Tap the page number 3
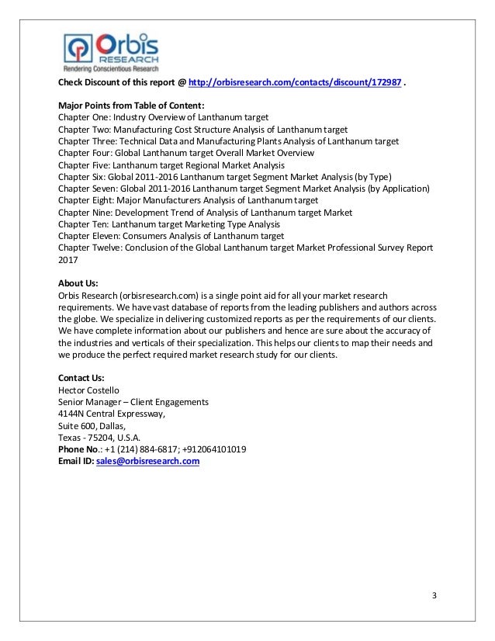tap(434, 595)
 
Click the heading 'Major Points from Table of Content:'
tap(131, 106)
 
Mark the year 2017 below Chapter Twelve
tap(69, 260)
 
